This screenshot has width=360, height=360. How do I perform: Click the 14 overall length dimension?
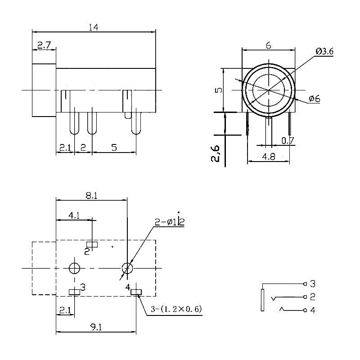[x=93, y=27]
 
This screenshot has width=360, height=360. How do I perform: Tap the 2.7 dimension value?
[x=44, y=45]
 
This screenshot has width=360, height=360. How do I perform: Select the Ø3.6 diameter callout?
[x=324, y=52]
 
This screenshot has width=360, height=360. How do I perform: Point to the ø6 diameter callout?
[x=314, y=99]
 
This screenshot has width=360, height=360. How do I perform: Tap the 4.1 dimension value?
[x=74, y=216]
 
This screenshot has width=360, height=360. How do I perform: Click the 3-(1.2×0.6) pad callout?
[x=176, y=309]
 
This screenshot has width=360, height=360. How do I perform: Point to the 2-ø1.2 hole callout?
[x=170, y=221]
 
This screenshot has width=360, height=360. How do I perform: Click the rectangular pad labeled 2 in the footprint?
[x=92, y=244]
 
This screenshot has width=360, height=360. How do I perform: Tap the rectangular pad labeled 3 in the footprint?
[x=74, y=292]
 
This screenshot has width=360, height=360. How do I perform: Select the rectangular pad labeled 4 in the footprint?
[x=135, y=293]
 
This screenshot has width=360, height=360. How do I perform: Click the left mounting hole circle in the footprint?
[x=74, y=268]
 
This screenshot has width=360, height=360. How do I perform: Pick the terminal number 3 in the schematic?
[x=313, y=284]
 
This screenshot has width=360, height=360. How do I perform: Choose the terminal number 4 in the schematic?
[x=313, y=310]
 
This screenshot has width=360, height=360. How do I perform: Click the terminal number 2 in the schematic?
[x=313, y=297]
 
